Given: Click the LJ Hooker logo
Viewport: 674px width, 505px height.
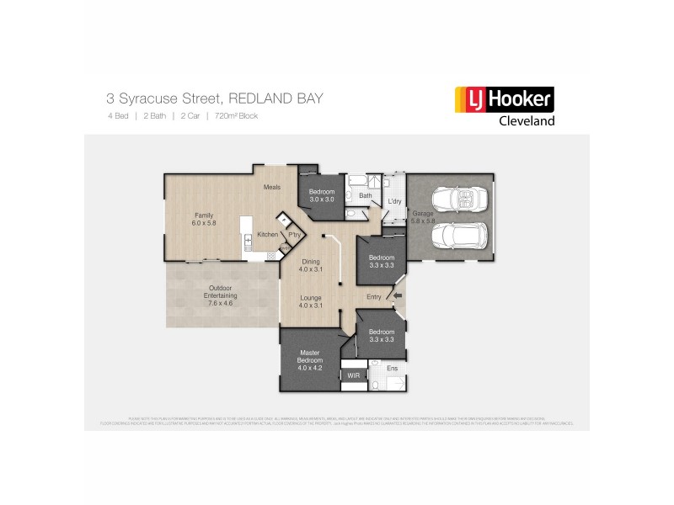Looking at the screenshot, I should point(505,100).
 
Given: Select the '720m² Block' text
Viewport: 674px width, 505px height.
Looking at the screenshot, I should point(236,115).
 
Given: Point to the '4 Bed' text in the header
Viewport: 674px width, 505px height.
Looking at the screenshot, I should point(117,115).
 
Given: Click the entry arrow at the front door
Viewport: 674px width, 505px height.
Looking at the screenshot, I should point(398,295).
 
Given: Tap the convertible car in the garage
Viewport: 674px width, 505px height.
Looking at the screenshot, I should point(459,200).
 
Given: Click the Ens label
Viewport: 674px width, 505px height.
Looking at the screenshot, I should point(392,369).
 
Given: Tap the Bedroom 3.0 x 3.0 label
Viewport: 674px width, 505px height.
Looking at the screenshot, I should point(322,195).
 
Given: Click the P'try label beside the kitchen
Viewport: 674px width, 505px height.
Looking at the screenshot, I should point(294,235).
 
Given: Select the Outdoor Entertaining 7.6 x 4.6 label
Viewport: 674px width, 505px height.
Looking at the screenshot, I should point(221,295).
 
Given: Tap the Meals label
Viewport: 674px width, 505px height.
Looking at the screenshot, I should point(271,187).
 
